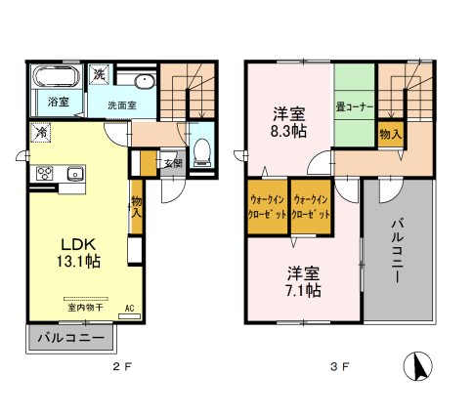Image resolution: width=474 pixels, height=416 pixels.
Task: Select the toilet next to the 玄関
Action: pos(201,149)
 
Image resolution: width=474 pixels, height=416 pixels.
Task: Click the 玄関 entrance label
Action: pos(171,163)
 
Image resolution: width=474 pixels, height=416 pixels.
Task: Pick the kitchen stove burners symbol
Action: pos(45,175)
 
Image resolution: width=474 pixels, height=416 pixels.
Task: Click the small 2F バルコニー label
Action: pos(65,339)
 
